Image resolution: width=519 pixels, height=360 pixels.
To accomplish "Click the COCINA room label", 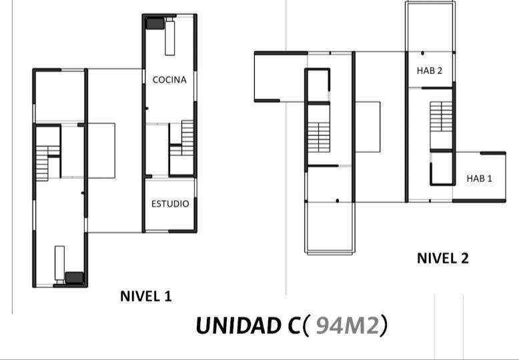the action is [x=169, y=79].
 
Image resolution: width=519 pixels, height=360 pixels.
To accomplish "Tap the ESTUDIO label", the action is [x=170, y=203].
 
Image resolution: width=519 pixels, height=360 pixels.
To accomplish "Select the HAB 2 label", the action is [x=430, y=71].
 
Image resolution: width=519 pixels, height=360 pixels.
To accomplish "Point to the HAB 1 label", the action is [x=478, y=178].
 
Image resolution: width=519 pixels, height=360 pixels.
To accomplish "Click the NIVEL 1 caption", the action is [x=145, y=296].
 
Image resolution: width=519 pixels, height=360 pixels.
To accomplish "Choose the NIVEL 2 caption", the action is [x=442, y=258].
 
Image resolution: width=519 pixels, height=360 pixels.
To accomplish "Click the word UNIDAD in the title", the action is [x=237, y=326].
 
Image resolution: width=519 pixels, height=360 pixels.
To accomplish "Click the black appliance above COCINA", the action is [x=155, y=23].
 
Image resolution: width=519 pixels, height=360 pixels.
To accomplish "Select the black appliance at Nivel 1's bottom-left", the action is [x=74, y=277].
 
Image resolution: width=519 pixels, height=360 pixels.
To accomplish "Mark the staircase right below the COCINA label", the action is [x=182, y=138].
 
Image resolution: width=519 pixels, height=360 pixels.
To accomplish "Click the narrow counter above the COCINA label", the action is [x=169, y=37].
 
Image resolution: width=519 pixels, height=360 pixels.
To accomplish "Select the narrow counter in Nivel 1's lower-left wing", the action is [x=59, y=261].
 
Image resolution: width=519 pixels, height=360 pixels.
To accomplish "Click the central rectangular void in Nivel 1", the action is [x=101, y=150].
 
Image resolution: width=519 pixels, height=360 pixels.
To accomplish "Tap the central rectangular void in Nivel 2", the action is [x=368, y=127].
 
